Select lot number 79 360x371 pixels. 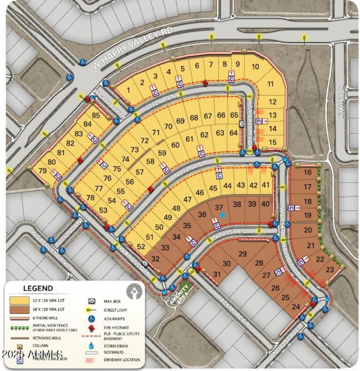(x=43, y=171)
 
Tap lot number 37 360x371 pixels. (x=219, y=207)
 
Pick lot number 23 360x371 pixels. (x=330, y=270)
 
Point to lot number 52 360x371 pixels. (x=141, y=246)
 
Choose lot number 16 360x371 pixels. (x=308, y=172)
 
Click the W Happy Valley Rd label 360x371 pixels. (x=132, y=50)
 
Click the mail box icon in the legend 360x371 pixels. (x=92, y=300)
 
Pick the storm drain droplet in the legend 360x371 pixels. (x=92, y=346)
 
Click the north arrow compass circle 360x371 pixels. (x=133, y=292)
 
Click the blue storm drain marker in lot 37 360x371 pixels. (x=222, y=215)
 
